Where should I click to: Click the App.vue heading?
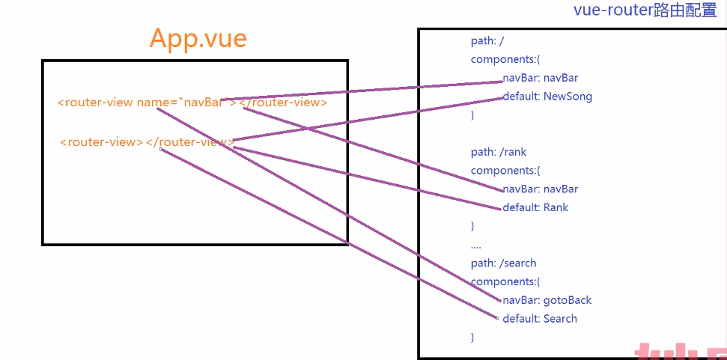[198, 38]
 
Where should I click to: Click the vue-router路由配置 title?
[645, 10]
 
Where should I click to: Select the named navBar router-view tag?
[192, 103]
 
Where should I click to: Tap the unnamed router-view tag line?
[147, 141]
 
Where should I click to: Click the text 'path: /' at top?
[492, 41]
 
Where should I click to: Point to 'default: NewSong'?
[547, 97]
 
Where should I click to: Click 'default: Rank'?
[535, 207]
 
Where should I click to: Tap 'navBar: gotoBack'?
[547, 300]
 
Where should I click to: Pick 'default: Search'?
[540, 319]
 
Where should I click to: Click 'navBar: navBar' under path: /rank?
[540, 189]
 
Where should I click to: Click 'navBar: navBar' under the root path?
[540, 78]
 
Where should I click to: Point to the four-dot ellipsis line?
[476, 245]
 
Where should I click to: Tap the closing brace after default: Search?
[472, 338]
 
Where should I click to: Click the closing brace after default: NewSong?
[472, 115]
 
